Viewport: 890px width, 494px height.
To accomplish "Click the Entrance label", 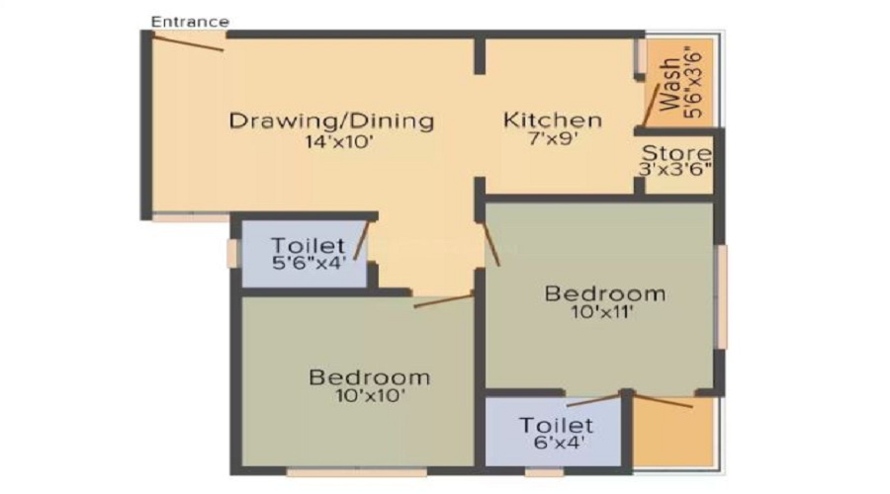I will (x=191, y=21).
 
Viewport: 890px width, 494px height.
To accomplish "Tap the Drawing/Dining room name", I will (x=331, y=122).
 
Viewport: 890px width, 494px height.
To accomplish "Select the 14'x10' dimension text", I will (x=331, y=141).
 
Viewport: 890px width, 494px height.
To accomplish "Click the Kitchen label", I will (x=553, y=121).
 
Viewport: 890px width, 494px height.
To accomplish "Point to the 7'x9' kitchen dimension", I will (x=553, y=140).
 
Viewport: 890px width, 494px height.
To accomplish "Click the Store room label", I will (x=676, y=153).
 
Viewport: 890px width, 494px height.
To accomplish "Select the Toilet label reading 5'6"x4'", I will (x=308, y=244).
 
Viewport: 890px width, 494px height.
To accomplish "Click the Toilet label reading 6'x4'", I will (x=556, y=426).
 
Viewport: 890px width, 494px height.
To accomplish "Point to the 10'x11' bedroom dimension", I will (x=604, y=313).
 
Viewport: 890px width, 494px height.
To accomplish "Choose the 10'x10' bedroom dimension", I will (x=369, y=396).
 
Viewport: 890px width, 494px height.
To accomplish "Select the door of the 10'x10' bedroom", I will (x=444, y=300).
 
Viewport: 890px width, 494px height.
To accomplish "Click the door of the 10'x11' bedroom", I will (x=491, y=243).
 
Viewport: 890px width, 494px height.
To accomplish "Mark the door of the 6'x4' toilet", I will (x=596, y=399).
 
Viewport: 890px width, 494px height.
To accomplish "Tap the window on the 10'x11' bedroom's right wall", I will (x=722, y=296).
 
